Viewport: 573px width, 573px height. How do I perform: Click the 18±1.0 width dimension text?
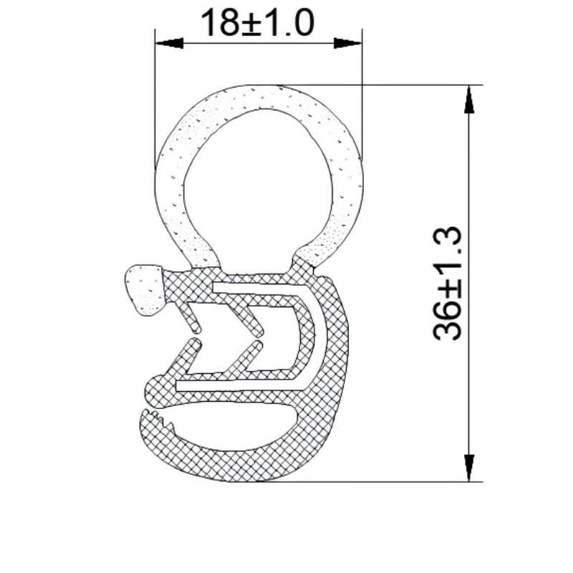coord(257,24)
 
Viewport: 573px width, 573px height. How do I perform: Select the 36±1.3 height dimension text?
coord(449,284)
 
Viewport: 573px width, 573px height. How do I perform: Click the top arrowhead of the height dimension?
coord(469,100)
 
